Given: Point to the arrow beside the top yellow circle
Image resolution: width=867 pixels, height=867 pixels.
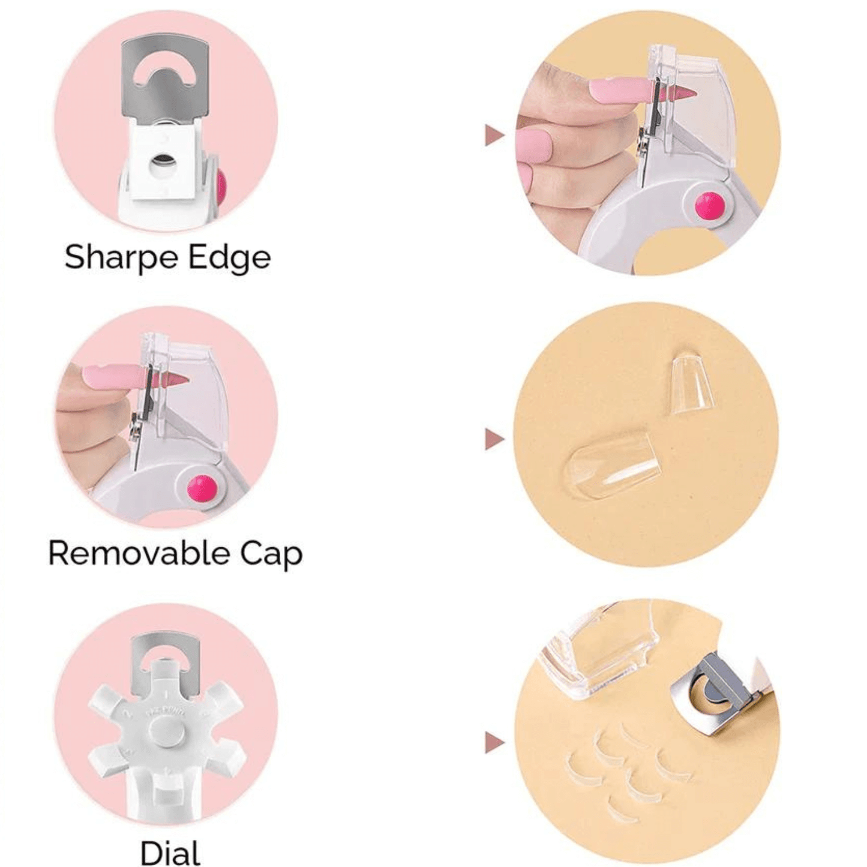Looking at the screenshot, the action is click(494, 136).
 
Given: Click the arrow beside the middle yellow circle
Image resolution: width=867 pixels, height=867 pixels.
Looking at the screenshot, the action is click(494, 439).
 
